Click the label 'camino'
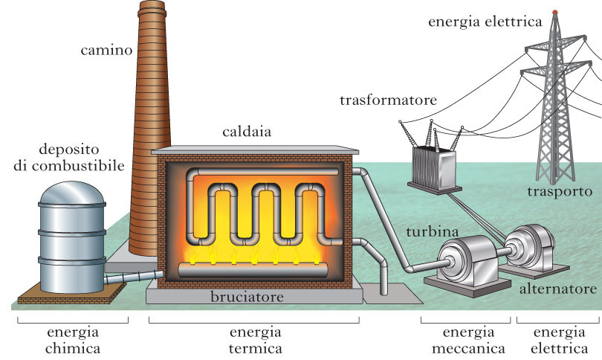click(x=106, y=51)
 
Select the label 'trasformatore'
click(x=388, y=100)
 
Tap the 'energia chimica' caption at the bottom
click(x=72, y=339)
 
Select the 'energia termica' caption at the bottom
click(x=253, y=339)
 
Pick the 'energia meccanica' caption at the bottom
click(x=465, y=339)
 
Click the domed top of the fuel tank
click(x=72, y=192)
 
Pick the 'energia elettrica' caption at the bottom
click(x=558, y=339)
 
